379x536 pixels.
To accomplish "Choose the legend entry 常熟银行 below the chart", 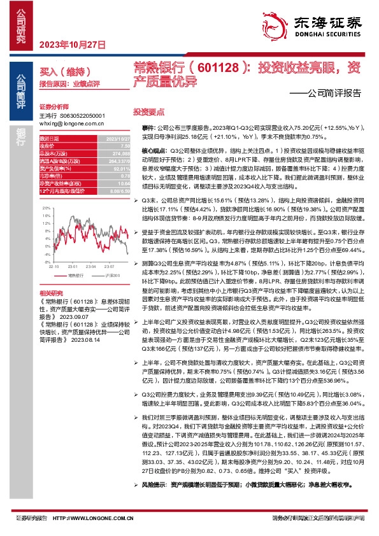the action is click(x=71, y=276).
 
